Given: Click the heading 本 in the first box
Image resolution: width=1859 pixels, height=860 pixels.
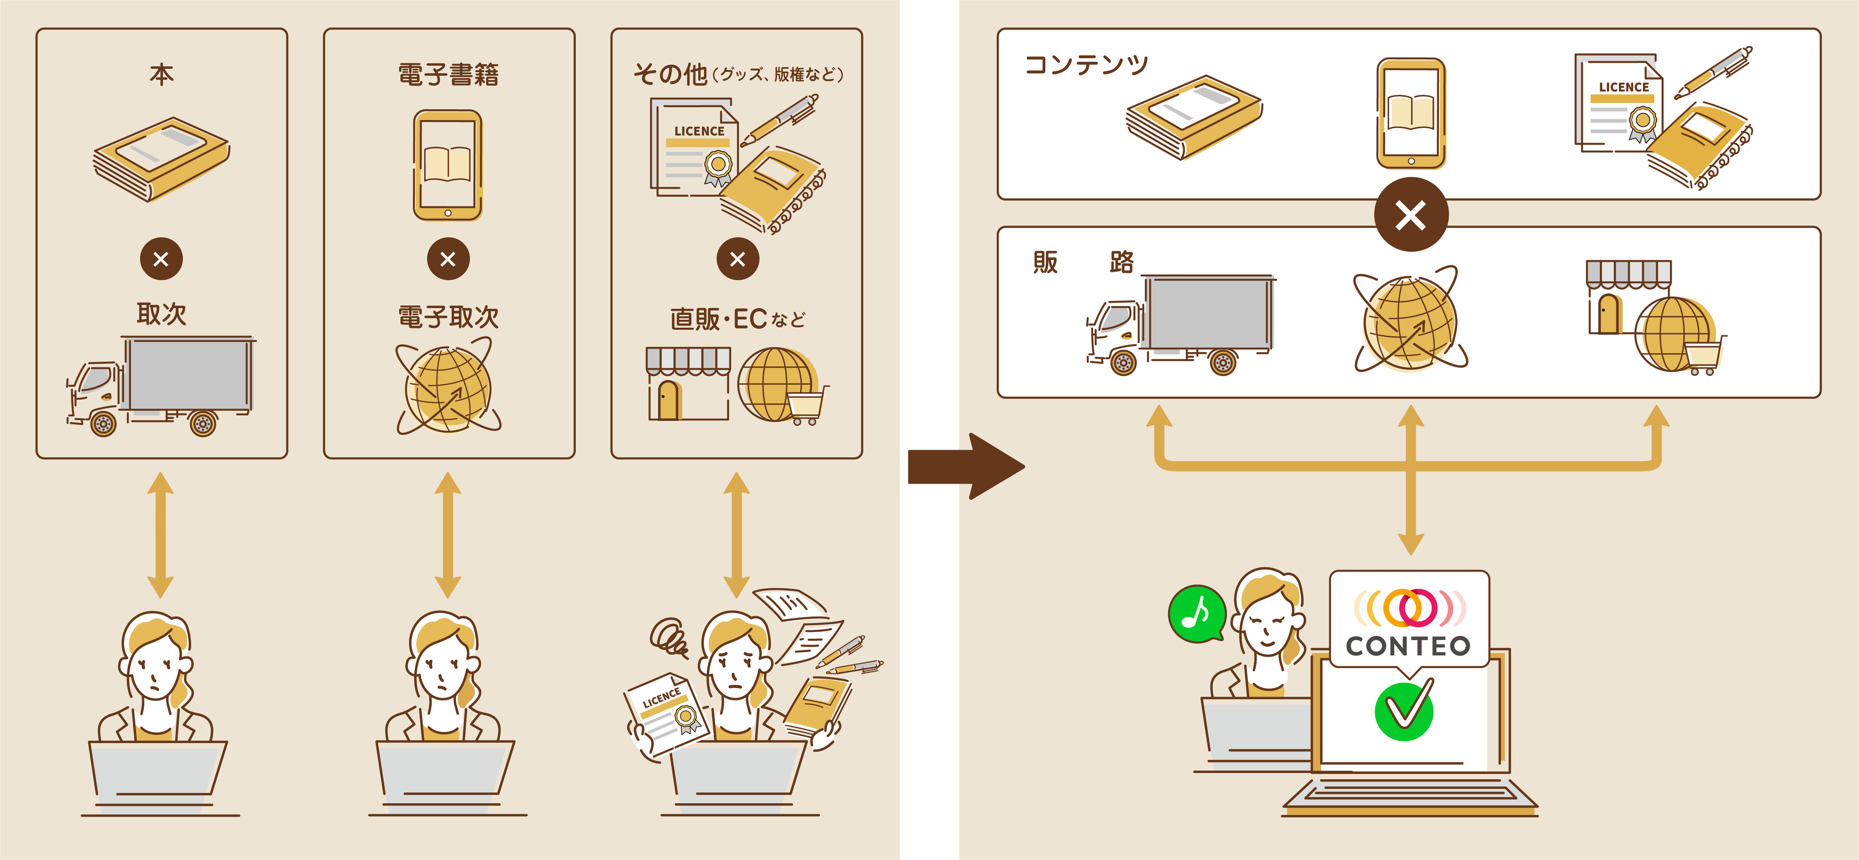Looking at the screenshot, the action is tap(161, 74).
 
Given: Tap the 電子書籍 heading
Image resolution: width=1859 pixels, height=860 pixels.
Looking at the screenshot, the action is tap(448, 74).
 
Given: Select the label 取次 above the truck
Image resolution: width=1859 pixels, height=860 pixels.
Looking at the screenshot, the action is tap(161, 314).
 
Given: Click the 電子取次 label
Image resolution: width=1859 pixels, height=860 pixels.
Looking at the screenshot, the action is tap(448, 317).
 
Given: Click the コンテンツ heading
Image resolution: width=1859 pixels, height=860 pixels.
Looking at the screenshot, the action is tap(1086, 65).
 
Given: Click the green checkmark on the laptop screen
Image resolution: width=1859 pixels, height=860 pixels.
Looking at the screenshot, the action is tap(1404, 711).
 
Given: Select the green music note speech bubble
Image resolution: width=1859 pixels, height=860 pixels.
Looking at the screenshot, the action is tap(1196, 613).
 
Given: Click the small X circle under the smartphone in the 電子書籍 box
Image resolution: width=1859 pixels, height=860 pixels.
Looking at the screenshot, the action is tap(448, 259).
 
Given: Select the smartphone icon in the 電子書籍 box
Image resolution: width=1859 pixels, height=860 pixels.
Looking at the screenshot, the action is tap(448, 165).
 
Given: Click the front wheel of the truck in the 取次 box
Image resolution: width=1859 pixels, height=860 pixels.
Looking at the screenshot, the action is tap(103, 423).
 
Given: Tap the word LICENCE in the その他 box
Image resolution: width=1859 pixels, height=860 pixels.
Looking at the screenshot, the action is tap(699, 131).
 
